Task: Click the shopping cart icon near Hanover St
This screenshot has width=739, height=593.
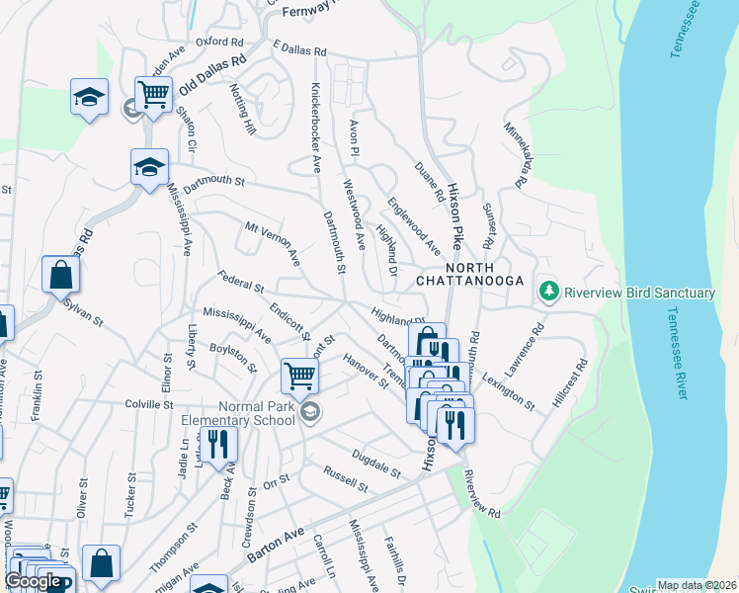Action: (299, 375)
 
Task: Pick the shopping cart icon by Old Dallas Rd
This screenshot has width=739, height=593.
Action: (154, 94)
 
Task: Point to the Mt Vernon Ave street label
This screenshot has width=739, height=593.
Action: (273, 243)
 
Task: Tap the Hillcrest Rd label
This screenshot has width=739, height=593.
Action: (570, 378)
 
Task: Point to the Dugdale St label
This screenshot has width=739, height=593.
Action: (374, 463)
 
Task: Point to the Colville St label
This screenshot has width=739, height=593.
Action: (149, 404)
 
